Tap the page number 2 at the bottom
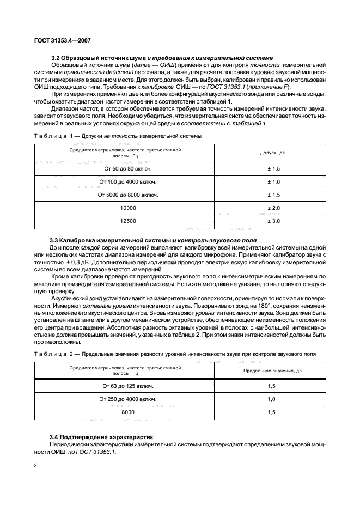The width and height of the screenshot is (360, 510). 35,466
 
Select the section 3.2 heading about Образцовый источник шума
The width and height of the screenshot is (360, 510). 162,58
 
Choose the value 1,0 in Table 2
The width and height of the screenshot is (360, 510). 272,399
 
